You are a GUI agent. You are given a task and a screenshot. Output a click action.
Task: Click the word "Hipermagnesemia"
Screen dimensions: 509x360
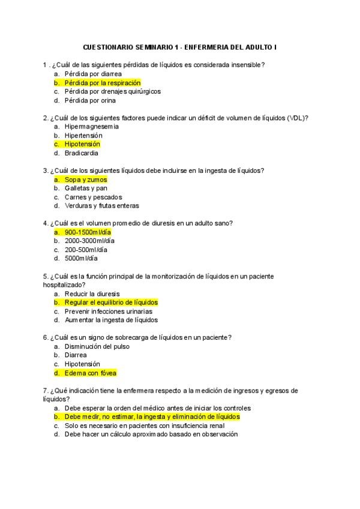[92, 127]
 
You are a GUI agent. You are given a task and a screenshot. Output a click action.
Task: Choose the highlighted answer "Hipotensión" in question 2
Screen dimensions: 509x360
[82, 144]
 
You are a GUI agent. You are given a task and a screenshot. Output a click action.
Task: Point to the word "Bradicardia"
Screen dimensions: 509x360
[81, 153]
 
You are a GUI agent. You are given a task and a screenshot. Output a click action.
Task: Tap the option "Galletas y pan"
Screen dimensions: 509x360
[86, 188]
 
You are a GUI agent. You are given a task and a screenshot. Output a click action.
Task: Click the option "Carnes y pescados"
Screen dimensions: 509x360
[93, 197]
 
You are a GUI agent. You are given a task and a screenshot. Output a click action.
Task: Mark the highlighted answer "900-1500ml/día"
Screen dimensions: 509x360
[88, 232]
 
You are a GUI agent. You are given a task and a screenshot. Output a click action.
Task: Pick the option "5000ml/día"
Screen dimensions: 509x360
[81, 259]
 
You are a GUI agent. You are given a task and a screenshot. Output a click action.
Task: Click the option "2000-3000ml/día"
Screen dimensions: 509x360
[89, 241]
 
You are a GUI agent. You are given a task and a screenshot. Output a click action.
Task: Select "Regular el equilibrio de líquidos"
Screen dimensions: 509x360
[111, 303]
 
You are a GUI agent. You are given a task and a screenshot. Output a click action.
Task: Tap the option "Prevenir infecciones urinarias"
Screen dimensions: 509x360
[108, 312]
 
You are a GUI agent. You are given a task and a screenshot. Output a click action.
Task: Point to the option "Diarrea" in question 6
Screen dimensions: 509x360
[76, 355]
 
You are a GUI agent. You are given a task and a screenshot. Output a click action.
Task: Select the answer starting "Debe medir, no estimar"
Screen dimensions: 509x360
[152, 416]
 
